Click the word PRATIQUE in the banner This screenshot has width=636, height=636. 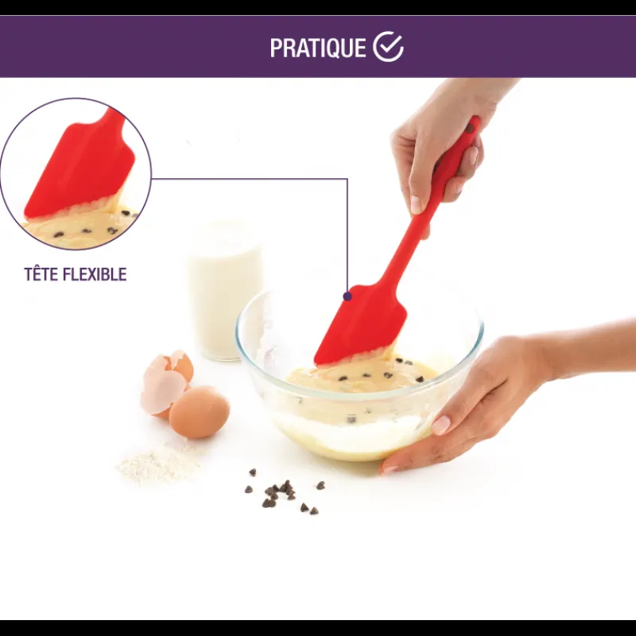coord(317,48)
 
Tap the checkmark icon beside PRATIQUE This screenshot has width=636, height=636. coord(388,46)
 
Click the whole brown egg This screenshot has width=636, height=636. coord(200,412)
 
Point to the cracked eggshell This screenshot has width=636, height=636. coord(166,382)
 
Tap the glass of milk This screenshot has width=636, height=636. coord(224,290)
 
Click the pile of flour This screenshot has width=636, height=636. coord(159,463)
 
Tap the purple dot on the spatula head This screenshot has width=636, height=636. coord(347,296)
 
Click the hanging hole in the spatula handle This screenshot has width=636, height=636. coord(470,129)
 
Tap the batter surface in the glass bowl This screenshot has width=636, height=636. coord(361,375)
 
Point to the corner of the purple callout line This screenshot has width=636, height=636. coord(347,178)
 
